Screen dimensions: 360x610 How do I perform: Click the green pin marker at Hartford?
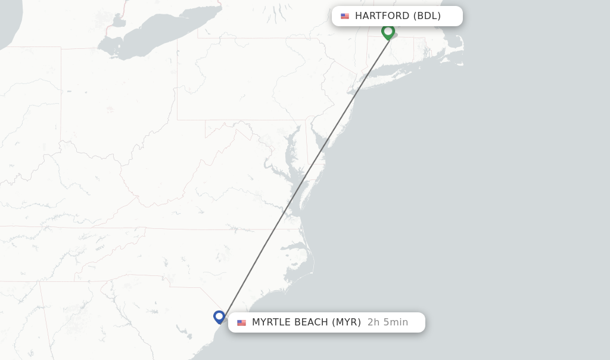coord(388,31)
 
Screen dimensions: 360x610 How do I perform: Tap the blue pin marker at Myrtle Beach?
coord(219,316)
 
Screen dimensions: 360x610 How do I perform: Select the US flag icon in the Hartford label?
coord(345,16)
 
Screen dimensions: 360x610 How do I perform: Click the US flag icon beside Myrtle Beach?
coord(241,322)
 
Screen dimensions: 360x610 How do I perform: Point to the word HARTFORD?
coord(382,16)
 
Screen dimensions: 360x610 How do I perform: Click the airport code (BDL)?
coord(427,16)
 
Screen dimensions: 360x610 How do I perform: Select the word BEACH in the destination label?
coord(314,322)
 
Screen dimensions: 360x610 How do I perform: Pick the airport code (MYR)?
coord(346,322)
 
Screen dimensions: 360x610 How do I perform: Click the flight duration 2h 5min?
coord(388,322)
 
